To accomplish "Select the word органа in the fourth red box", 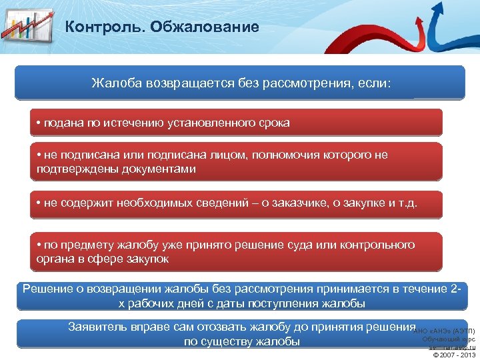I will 55,259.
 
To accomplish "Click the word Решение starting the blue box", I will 47,289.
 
